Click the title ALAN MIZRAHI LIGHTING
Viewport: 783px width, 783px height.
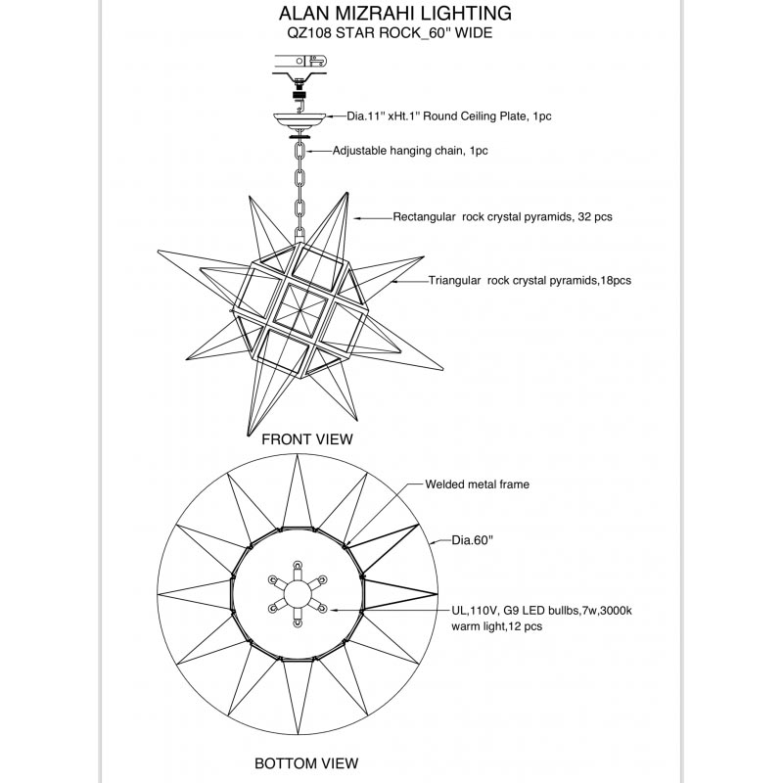click(394, 14)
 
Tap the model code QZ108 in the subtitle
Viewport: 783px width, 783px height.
click(305, 33)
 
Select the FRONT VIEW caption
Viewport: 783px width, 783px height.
click(307, 439)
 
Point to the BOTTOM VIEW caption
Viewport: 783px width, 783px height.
click(306, 763)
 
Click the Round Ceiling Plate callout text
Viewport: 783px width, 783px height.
click(449, 115)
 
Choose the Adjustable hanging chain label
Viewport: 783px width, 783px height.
click(410, 151)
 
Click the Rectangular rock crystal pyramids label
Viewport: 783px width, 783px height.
click(502, 216)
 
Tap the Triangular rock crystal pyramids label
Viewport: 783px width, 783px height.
click(530, 280)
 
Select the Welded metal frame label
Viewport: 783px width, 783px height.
click(477, 484)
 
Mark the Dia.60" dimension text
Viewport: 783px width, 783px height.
click(472, 538)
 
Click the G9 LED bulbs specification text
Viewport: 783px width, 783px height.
click(541, 610)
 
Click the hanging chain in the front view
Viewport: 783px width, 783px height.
click(299, 186)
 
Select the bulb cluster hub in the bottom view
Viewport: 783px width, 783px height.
click(296, 594)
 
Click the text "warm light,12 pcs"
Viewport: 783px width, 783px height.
click(496, 626)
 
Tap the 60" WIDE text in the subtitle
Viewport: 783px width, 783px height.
click(460, 33)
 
